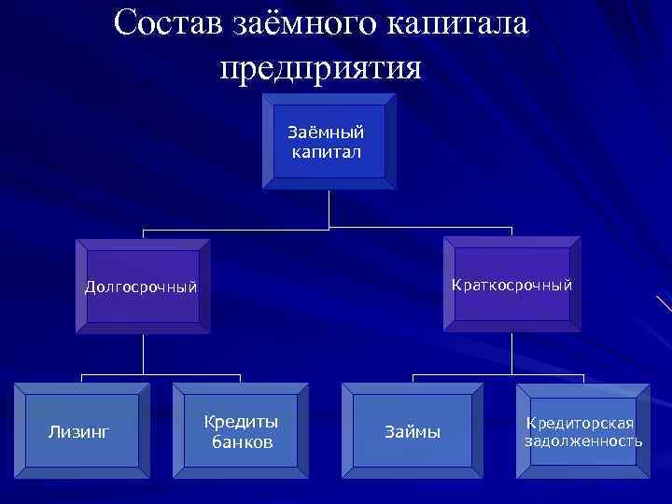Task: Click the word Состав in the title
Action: coord(166,23)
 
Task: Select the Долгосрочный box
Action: coord(142,287)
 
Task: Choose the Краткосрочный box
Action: coord(511,285)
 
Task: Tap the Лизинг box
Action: coord(80,431)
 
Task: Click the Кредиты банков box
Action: coord(241,431)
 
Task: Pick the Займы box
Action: coord(413,431)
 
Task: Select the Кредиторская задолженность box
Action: coord(582,431)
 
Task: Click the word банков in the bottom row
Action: coord(242,441)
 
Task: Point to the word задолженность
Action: coord(583,441)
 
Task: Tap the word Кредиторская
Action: coord(583,424)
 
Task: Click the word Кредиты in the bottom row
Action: coord(242,422)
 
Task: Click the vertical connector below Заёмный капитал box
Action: coord(329,209)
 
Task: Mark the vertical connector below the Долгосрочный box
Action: coord(143,354)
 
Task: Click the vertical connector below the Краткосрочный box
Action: coord(511,354)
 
